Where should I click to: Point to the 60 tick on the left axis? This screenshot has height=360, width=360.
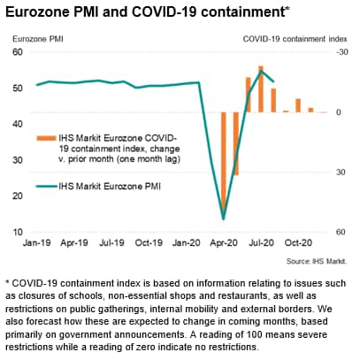pos(18,52)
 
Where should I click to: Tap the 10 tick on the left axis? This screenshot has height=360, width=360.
pos(18,232)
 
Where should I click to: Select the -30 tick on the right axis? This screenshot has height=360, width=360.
pos(342,52)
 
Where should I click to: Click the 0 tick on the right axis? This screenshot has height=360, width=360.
pos(339,112)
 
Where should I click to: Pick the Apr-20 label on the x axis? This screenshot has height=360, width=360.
pos(224,243)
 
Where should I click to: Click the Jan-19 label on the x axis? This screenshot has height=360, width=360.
pos(37,243)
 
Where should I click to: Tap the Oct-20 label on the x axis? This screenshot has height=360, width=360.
pos(298,243)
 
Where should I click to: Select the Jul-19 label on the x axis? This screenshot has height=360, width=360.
pos(111,243)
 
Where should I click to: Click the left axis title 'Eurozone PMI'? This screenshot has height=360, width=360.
pos(38,39)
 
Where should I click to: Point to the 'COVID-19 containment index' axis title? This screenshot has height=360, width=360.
pos(295,39)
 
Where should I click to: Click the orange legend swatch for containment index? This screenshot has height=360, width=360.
pos(46,138)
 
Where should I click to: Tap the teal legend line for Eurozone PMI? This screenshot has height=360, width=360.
pos(46,187)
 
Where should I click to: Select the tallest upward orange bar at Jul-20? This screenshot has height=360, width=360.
pos(261,89)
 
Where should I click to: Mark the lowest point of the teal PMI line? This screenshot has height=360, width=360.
pos(224,219)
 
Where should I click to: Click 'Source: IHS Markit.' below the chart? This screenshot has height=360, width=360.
pos(317,261)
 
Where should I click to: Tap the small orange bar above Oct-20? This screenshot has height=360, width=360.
pos(298,105)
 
